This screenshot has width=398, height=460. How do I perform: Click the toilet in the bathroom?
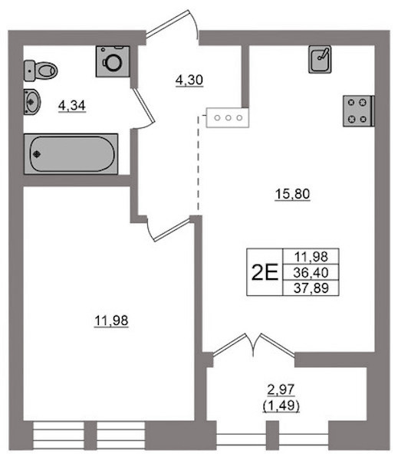tap(41, 71)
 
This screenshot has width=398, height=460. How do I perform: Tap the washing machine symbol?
tap(113, 61)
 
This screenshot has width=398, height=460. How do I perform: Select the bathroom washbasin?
tap(32, 102)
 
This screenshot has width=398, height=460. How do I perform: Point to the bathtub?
tap(71, 154)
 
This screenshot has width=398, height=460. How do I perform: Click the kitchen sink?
tap(320, 59)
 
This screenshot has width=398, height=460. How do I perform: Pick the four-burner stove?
tap(359, 111)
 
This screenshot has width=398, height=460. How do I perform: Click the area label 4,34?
tap(72, 106)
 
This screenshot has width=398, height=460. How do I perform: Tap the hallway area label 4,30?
tap(189, 80)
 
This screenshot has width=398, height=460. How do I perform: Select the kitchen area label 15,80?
tap(292, 194)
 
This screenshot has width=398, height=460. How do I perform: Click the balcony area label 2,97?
tap(281, 389)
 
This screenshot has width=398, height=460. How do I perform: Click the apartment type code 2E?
tap(265, 272)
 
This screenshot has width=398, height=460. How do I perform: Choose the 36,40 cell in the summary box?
tap(311, 272)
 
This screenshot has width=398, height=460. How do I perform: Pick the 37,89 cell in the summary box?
tap(311, 288)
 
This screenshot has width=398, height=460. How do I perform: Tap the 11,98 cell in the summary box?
tap(311, 257)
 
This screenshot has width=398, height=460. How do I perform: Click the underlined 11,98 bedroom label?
tap(111, 320)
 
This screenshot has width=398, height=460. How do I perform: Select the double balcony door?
tap(254, 345)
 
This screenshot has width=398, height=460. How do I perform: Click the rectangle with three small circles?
tap(228, 118)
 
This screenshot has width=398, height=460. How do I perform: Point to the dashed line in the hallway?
tap(198, 163)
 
